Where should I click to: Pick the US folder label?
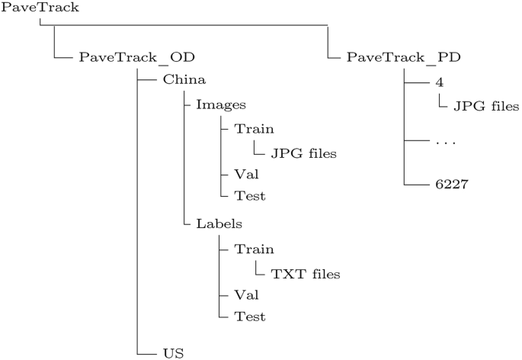coord(173,353)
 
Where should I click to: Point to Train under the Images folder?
coord(254,129)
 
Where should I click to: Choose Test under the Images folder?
coord(250,196)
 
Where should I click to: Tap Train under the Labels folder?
coord(254,249)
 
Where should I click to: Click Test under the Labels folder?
coord(250,315)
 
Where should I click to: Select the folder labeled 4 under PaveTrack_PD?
coord(440,82)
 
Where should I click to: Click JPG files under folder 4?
coord(486,106)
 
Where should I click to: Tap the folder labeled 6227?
coord(452,185)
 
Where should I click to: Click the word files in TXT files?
coord(321,273)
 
